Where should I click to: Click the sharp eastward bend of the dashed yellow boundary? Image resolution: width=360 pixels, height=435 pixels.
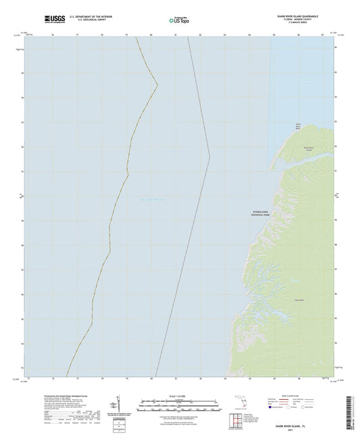(x=157, y=85)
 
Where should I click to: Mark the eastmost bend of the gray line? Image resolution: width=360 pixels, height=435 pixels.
(x=209, y=157)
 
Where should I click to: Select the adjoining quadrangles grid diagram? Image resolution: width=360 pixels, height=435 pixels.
(x=236, y=419)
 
